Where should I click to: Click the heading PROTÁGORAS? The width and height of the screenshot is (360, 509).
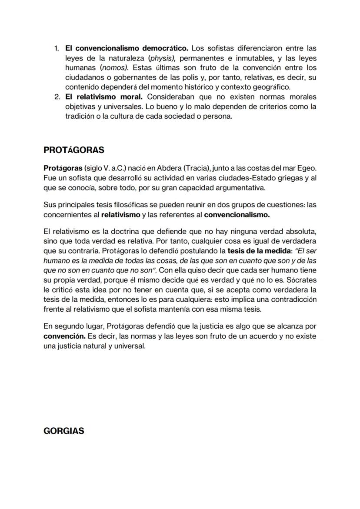[x=74, y=150]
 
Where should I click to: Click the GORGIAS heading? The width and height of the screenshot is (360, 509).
[x=64, y=431]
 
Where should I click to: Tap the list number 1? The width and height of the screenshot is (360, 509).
[x=57, y=48]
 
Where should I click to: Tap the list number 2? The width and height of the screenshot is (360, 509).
[x=57, y=96]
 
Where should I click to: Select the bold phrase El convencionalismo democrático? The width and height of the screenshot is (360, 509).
[x=127, y=48]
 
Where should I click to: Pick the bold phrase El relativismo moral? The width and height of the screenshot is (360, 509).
[x=104, y=96]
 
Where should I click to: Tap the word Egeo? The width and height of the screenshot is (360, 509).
[x=307, y=168]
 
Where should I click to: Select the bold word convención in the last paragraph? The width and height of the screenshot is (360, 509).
[x=64, y=336]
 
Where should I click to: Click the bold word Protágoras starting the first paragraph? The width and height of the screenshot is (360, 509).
[x=63, y=168]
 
